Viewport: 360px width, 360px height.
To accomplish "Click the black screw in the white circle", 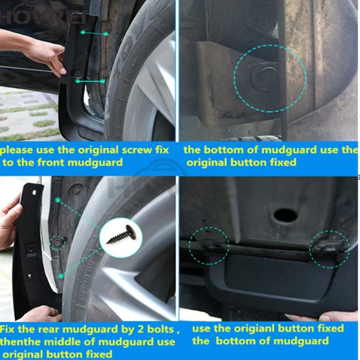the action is point(121,235).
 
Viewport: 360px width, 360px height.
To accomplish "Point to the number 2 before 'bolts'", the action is point(141,329).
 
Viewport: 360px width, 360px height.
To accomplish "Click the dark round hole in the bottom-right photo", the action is point(285,216).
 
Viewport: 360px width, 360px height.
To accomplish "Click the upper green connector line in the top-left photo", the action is point(94,33).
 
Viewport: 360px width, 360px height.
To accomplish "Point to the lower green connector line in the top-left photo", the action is point(90,81).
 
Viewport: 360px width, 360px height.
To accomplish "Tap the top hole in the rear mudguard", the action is point(34,193).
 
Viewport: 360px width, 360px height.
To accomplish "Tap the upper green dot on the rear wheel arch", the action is point(58,200).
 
